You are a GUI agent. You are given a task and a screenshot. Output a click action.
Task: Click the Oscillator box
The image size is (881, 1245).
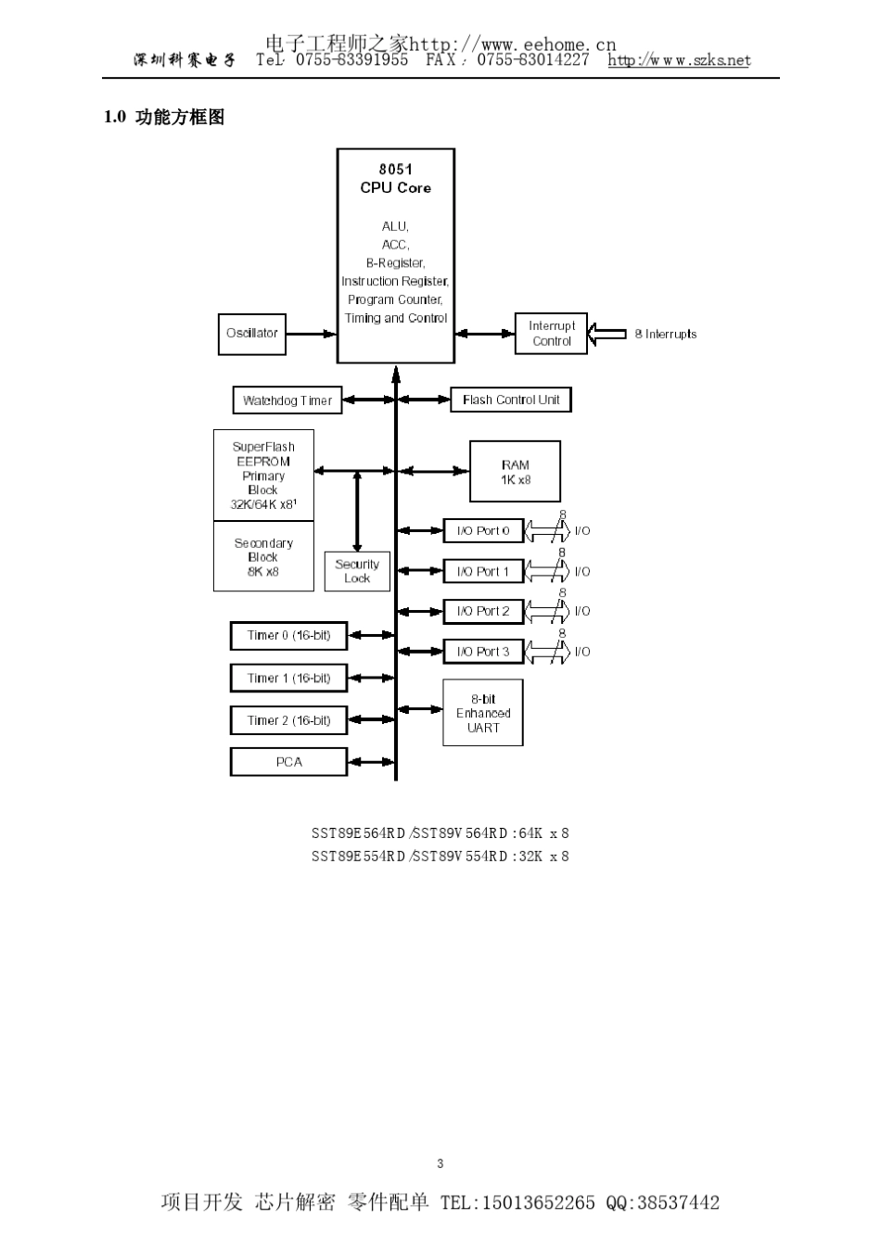pos(251,334)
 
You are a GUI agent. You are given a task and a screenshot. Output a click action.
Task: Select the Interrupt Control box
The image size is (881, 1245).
pos(551,334)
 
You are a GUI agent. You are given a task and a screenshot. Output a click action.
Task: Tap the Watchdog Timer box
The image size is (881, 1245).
pos(287,400)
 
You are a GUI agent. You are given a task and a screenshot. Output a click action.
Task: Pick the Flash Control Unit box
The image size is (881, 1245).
pos(510,400)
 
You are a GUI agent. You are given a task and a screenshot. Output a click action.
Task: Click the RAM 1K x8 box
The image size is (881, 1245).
pos(515,472)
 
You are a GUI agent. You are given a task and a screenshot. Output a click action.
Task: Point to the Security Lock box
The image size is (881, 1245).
pos(357,571)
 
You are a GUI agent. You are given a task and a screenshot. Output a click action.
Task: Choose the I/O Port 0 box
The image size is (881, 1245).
pos(483,530)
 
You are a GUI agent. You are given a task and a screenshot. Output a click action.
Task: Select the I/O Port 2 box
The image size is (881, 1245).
pos(483,611)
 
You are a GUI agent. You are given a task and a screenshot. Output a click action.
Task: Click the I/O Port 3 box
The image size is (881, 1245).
pos(483,652)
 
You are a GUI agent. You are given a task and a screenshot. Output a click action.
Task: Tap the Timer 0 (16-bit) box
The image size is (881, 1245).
pos(288,636)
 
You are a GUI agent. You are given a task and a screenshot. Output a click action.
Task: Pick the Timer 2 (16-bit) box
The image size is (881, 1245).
pos(288,720)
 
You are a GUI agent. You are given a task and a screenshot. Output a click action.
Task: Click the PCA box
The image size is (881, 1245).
pos(288,762)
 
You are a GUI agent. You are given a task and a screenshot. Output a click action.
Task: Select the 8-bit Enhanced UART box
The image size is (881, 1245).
pos(482,713)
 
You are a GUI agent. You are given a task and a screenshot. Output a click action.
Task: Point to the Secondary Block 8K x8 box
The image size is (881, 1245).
pos(263,556)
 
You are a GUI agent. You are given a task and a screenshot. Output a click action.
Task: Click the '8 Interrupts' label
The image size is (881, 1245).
pos(665,334)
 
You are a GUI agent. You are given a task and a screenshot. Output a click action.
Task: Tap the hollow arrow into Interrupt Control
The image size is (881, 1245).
pos(607,334)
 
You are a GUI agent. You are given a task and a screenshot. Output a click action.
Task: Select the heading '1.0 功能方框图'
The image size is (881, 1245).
pos(164,118)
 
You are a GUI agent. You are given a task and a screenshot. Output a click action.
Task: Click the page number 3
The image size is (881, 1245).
pos(440,1163)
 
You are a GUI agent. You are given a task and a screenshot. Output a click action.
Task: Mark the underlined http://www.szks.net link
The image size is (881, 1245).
pos(679,60)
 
